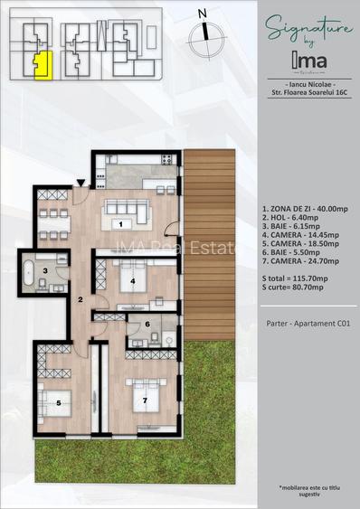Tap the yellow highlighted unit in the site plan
click(x=40, y=65)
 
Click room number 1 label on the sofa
click(x=121, y=222)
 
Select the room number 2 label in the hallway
click(x=80, y=299)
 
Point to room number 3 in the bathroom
click(x=44, y=270)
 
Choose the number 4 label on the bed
click(x=134, y=281)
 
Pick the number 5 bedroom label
click(x=57, y=401)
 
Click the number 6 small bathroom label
click(x=147, y=323)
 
